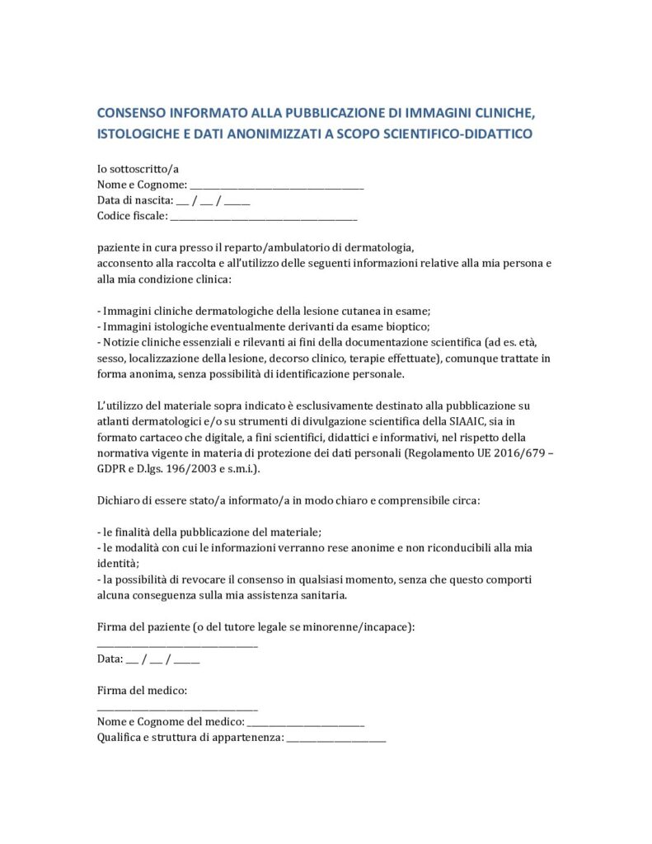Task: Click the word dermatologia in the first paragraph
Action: point(378,247)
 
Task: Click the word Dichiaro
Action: point(121,499)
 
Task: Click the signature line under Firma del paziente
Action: point(177,644)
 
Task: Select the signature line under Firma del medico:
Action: point(177,707)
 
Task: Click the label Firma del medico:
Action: point(143,690)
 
